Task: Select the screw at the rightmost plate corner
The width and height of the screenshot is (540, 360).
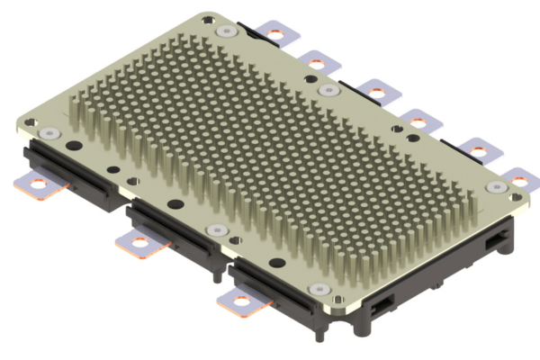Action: point(495,186)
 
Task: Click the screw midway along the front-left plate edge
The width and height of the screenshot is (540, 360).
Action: point(212,230)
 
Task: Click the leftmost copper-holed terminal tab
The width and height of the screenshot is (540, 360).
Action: point(40,187)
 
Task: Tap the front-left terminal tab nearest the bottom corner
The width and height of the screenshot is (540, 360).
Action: point(240,306)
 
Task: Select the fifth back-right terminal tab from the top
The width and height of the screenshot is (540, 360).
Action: point(476,149)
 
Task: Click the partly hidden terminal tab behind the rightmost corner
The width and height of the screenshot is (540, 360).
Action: point(520,177)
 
